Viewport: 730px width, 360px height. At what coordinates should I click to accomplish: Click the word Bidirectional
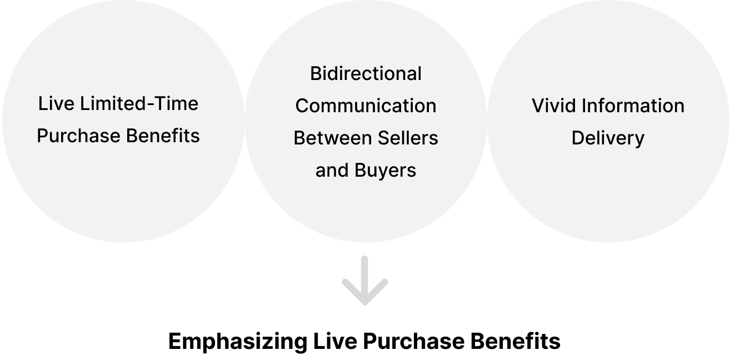tap(366, 73)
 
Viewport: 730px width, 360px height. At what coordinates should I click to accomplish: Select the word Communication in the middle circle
tap(366, 106)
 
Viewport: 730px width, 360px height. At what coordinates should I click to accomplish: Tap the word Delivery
tap(608, 138)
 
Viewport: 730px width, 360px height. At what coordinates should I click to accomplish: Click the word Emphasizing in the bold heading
tap(237, 341)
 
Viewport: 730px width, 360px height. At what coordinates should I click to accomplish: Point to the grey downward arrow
tap(364, 281)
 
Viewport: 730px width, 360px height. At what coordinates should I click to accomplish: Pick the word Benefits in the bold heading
tap(516, 341)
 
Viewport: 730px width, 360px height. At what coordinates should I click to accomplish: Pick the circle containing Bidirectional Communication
tap(366, 211)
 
